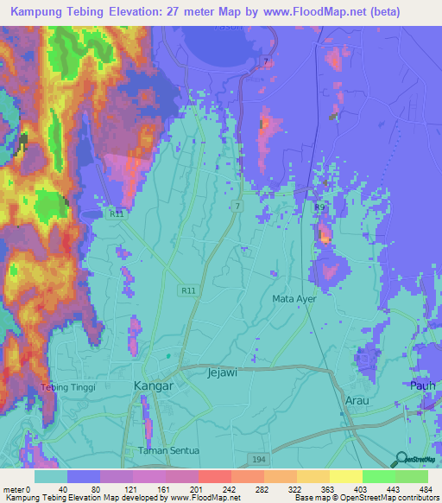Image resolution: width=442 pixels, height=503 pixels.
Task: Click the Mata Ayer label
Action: click(x=295, y=298)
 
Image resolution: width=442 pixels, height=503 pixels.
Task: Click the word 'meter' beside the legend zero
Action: click(x=13, y=488)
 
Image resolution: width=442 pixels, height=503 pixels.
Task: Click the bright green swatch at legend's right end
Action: click(x=411, y=476)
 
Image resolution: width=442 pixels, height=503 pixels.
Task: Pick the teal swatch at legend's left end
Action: click(x=51, y=476)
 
